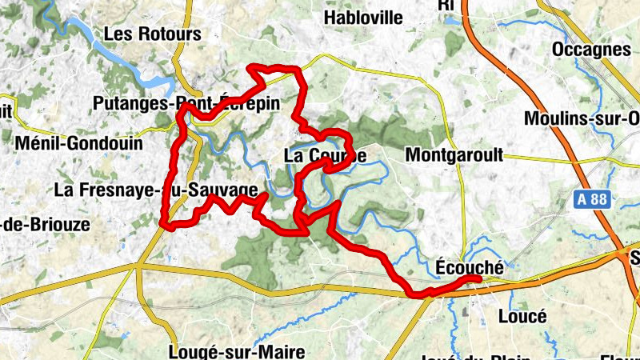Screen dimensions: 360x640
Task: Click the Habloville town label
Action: (363, 18)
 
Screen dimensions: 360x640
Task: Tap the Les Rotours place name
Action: (152, 34)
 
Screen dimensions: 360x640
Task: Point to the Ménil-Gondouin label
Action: (78, 144)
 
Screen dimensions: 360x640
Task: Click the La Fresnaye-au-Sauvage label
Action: (156, 190)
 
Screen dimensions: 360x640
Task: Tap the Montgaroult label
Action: (454, 155)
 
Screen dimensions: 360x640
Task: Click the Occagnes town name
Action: (591, 50)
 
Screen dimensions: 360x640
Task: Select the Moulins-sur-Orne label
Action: (582, 118)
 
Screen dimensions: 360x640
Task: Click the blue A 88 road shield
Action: (593, 199)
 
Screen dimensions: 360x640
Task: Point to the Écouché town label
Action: (470, 268)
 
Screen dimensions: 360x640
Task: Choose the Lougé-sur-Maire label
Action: (226, 352)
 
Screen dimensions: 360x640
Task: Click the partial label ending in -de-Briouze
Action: (46, 224)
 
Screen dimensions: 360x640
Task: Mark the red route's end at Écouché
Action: (478, 278)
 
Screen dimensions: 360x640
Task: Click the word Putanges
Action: (130, 104)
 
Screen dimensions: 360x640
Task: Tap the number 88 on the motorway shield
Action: (599, 199)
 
